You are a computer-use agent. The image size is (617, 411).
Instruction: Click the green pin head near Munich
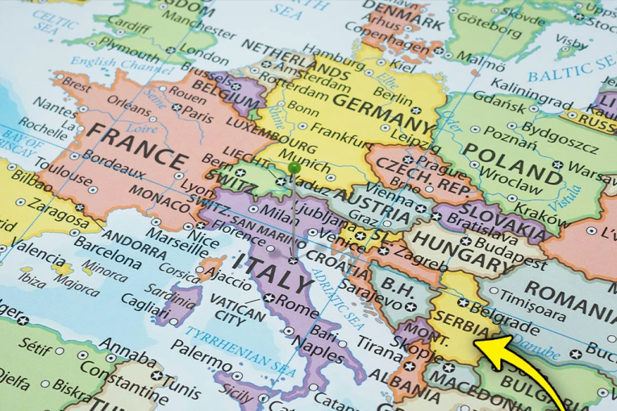(294, 168)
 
